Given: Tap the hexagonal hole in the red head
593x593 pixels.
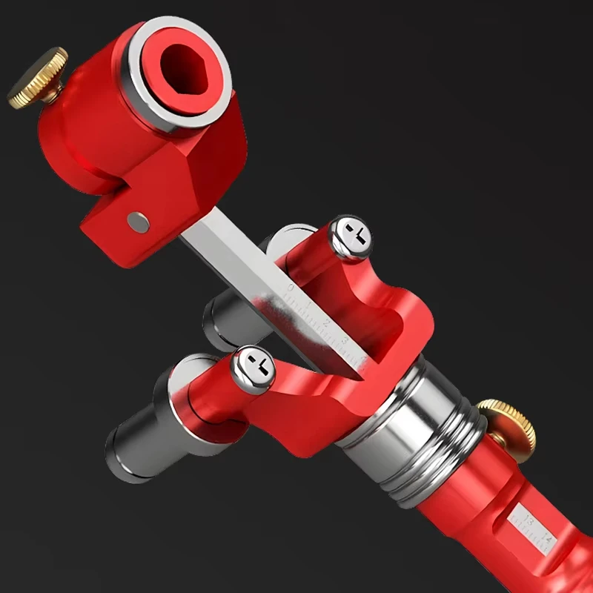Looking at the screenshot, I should [186, 69].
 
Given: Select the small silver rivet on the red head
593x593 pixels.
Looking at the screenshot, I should [138, 220].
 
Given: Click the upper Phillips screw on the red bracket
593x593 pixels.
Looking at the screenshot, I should [350, 236].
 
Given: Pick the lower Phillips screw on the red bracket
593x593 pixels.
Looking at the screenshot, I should [253, 369].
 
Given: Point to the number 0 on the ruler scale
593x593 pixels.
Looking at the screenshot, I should [291, 288].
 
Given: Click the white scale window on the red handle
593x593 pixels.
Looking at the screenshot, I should [535, 529].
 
